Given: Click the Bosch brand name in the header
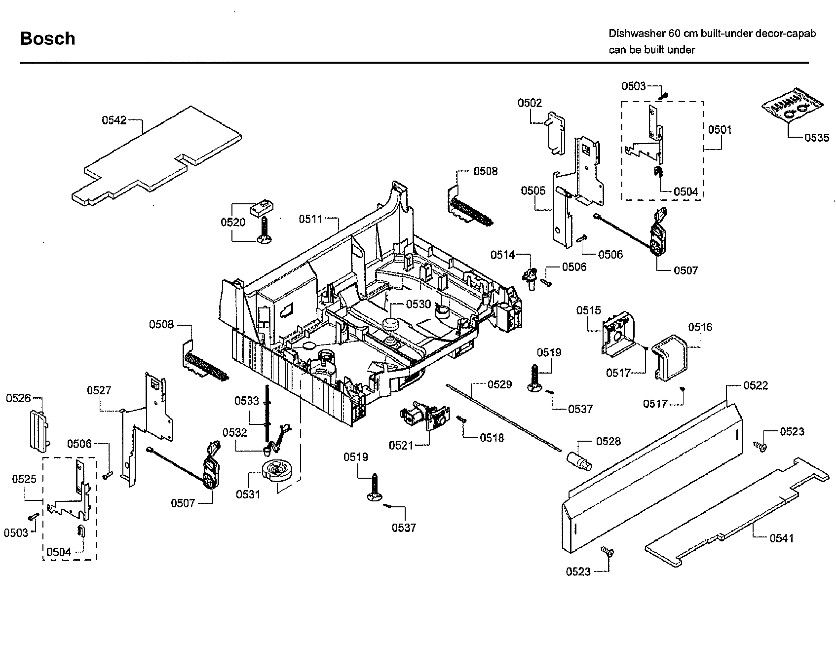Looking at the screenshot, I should [x=47, y=38].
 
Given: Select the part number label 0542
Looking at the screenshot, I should [x=114, y=120].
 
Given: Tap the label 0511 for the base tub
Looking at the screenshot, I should [x=310, y=219].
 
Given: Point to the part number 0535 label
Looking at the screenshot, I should [x=817, y=138].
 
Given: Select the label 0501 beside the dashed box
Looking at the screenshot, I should [x=720, y=130].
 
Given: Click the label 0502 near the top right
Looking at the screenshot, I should [x=530, y=103].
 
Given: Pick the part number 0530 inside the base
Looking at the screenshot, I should [x=418, y=304].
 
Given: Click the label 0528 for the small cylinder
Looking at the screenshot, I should [x=608, y=441].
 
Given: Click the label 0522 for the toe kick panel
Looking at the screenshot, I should [x=756, y=385].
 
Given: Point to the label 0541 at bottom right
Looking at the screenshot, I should [x=781, y=538].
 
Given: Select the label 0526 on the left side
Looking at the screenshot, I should [x=18, y=398].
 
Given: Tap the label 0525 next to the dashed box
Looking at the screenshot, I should [x=24, y=479].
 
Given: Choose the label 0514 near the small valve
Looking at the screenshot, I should [x=502, y=255].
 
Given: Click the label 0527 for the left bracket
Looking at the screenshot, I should [x=99, y=390].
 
